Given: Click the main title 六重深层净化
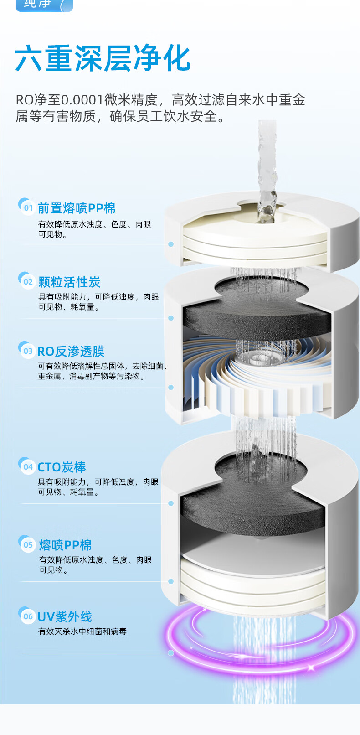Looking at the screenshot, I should tap(103, 59).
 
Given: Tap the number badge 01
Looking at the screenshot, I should tap(28, 208).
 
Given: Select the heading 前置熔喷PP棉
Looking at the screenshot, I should tap(76, 208).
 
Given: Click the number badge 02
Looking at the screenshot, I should tap(28, 281).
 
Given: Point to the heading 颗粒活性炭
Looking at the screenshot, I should tap(69, 282).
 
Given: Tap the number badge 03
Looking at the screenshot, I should tap(28, 351).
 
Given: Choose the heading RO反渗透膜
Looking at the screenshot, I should tap(71, 352).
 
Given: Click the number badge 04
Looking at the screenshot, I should tap(28, 466).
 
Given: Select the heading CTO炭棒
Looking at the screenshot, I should tap(62, 467).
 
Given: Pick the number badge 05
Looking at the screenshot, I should tap(28, 544).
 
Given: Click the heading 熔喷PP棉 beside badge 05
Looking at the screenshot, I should tap(65, 545).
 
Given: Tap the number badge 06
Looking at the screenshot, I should tap(28, 616).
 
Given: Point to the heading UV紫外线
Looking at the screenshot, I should tap(64, 617).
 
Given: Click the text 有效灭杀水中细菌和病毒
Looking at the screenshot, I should tap(82, 631).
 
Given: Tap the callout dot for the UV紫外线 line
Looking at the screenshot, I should tap(171, 653).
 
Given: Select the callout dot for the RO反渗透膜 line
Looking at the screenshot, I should tap(171, 387).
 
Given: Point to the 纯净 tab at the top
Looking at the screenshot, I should tap(43, 5).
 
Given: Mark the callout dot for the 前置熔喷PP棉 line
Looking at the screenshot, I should tap(171, 244).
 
